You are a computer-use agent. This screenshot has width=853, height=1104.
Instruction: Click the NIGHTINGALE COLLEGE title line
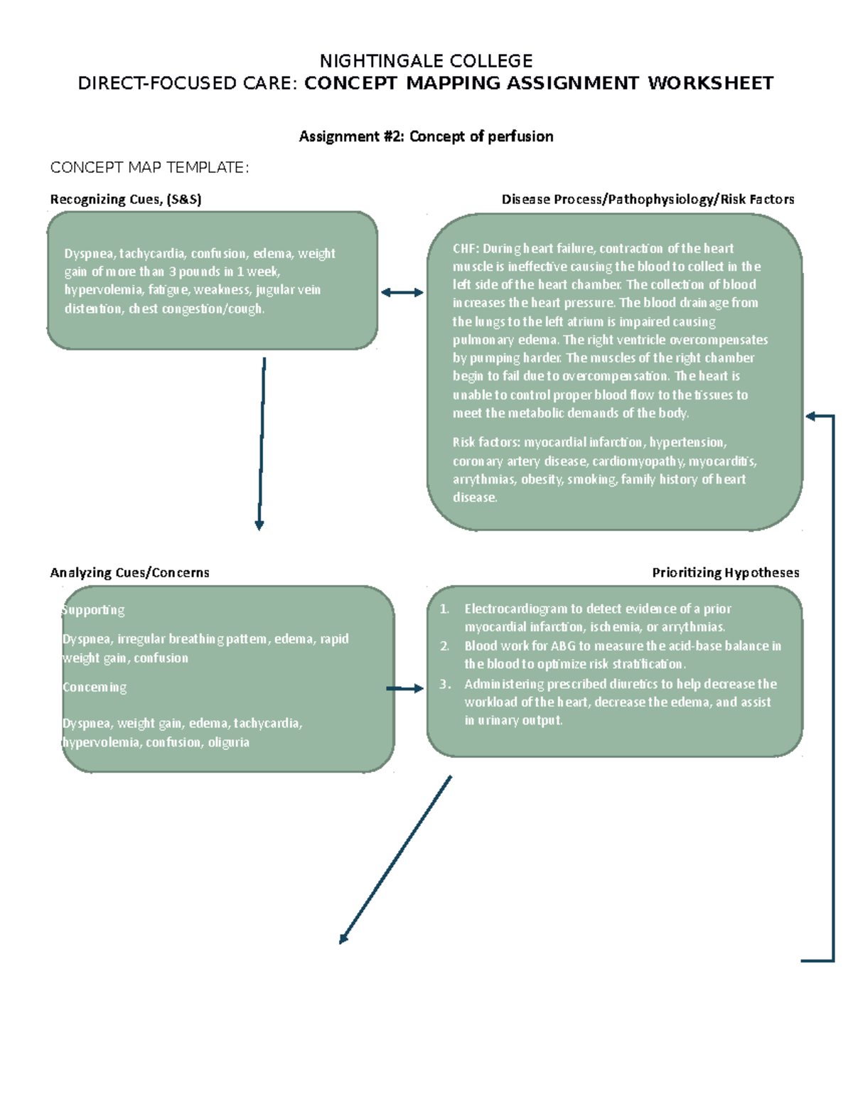click(426, 60)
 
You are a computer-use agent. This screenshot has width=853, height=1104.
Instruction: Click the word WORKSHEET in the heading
click(710, 83)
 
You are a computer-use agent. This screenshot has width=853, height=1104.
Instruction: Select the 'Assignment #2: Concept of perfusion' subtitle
click(426, 136)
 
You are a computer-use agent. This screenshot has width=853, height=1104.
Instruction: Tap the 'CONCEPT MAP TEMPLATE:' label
click(149, 168)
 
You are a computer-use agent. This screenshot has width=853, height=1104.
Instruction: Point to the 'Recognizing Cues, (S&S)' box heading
click(126, 200)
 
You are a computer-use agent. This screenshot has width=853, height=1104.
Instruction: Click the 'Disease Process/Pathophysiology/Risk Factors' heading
click(648, 200)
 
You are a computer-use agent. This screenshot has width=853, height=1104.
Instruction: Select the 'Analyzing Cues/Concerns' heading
click(129, 573)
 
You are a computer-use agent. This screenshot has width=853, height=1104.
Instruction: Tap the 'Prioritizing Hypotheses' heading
click(725, 573)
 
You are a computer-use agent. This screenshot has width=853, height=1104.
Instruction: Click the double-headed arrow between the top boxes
click(402, 292)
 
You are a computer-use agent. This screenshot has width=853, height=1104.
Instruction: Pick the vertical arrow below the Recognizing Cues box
click(262, 444)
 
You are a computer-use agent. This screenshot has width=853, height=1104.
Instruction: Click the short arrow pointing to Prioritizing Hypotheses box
click(404, 688)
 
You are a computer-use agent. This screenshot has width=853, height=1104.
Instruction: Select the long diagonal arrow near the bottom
click(395, 860)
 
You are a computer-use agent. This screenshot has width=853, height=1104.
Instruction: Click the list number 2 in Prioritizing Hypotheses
click(444, 646)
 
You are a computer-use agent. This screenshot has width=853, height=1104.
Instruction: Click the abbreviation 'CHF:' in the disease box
click(466, 249)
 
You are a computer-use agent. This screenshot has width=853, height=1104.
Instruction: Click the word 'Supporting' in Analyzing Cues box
click(93, 610)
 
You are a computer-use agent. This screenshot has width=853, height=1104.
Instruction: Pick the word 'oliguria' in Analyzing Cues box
click(228, 742)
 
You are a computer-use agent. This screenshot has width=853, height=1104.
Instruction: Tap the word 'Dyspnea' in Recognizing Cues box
click(90, 254)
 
